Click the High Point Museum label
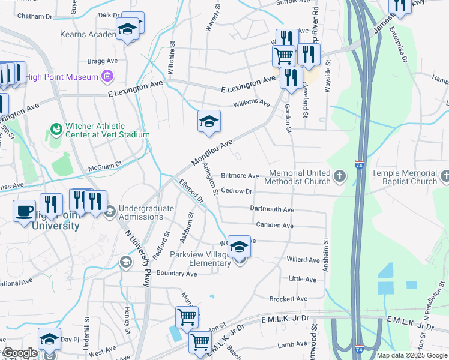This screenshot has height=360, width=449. pos(62,77)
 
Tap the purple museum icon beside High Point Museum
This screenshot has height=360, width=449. pos(107,76)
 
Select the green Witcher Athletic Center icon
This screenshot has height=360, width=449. pos(56,129)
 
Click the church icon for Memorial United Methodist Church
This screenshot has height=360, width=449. pos(340,176)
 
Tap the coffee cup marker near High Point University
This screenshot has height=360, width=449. pos(25,211)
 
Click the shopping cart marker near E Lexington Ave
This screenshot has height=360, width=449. pos(283,56)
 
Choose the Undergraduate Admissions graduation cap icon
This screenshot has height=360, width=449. pos(110,212)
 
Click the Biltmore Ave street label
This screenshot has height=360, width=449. pos(240,176)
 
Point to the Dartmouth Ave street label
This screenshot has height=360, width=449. pos(273,209)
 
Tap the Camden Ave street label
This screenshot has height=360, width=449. pos(274,226)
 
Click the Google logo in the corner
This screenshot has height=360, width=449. pos(20,353)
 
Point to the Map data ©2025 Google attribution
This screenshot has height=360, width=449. pos(412,355)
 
